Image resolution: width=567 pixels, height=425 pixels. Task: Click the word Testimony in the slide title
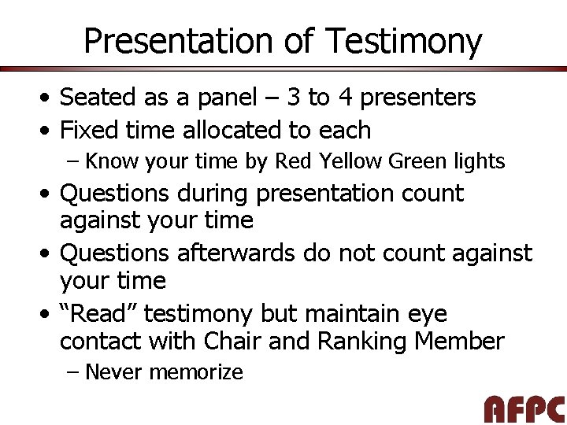click(402, 41)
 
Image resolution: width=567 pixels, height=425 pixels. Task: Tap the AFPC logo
click(524, 409)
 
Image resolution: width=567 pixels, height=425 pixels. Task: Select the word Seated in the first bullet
click(98, 98)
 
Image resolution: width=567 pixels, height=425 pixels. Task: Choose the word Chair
click(236, 342)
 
